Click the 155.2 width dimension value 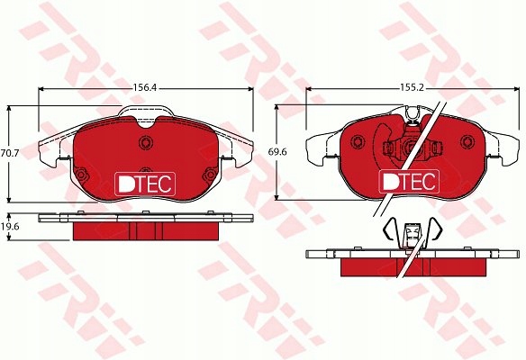pyautogui.click(x=412, y=88)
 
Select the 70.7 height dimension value pyautogui.click(x=10, y=154)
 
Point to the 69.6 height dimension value pyautogui.click(x=277, y=152)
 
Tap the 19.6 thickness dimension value pyautogui.click(x=10, y=227)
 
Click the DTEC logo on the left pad pyautogui.click(x=145, y=184)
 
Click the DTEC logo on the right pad pyautogui.click(x=409, y=181)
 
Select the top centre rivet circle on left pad pyautogui.click(x=146, y=142)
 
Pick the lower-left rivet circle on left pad pyautogui.click(x=81, y=175)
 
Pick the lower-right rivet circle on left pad pyautogui.click(x=210, y=175)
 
